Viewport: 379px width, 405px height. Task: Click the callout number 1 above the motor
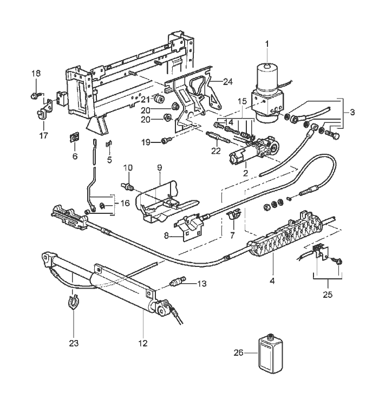(x=267, y=44)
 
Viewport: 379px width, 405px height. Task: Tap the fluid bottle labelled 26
(x=271, y=354)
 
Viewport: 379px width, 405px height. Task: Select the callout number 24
(x=228, y=82)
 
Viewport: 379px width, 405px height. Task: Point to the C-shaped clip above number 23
(x=74, y=302)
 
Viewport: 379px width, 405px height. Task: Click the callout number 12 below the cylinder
(x=142, y=343)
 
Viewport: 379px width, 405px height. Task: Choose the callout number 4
(x=272, y=280)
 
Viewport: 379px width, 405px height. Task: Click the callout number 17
(x=43, y=135)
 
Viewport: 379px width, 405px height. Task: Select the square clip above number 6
(x=75, y=138)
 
